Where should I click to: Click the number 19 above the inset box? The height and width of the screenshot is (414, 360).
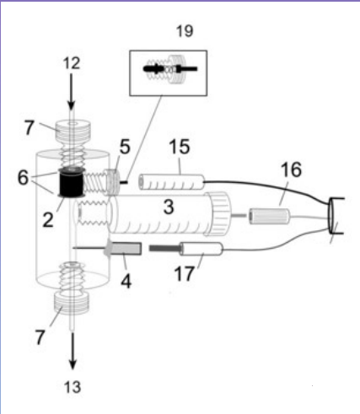coord(185,31)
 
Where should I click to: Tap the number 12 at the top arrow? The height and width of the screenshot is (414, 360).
coord(72,63)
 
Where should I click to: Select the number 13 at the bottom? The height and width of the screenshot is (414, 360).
coord(73,387)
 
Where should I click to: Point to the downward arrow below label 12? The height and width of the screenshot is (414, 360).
coord(71,92)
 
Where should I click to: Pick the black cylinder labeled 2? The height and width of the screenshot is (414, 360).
coord(72,182)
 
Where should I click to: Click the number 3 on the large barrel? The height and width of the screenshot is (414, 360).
coord(169,207)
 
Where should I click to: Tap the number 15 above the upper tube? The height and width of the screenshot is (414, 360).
coord(180,147)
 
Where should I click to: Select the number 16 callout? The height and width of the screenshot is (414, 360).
coord(291,169)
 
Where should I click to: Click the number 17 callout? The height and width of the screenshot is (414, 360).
coord(184,273)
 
